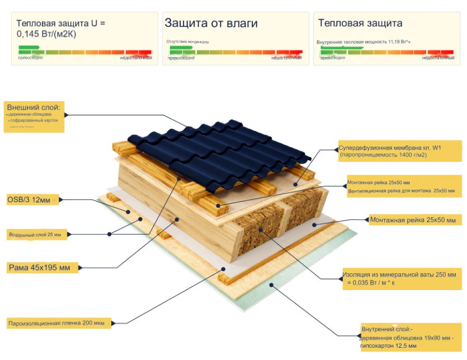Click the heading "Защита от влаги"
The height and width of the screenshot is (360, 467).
pyautogui.click(x=211, y=23)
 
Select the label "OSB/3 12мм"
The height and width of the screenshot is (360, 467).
pyautogui.click(x=29, y=199)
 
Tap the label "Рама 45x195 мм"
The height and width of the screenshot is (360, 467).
pyautogui.click(x=39, y=268)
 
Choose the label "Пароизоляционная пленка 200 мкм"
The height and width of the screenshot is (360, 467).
pyautogui.click(x=56, y=323)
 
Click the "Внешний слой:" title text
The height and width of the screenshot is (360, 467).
pyautogui.click(x=33, y=106)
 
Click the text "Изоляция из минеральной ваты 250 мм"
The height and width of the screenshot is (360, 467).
pyautogui.click(x=399, y=275)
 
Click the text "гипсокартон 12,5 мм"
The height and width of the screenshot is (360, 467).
pyautogui.click(x=388, y=346)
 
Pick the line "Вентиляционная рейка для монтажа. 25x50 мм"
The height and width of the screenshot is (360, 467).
pyautogui.click(x=401, y=191)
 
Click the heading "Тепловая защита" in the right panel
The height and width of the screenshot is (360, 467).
pyautogui.click(x=360, y=23)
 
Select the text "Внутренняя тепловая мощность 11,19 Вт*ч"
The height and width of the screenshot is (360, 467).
pyautogui.click(x=364, y=42)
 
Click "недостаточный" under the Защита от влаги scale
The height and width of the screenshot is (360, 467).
pyautogui.click(x=287, y=58)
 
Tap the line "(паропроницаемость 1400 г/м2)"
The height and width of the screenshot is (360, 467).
pyautogui.click(x=383, y=155)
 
